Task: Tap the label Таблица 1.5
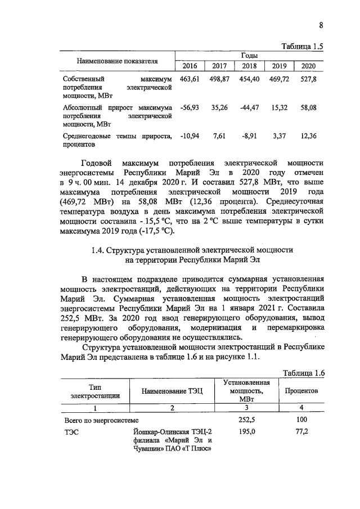pos(304,47)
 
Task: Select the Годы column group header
pos(249,56)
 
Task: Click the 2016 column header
pos(190,66)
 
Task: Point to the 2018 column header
pos(249,66)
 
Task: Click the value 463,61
pos(190,80)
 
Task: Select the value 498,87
pos(219,80)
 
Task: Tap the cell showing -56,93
pos(190,107)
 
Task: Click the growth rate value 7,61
pos(219,136)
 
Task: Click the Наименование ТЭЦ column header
pos(172,390)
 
